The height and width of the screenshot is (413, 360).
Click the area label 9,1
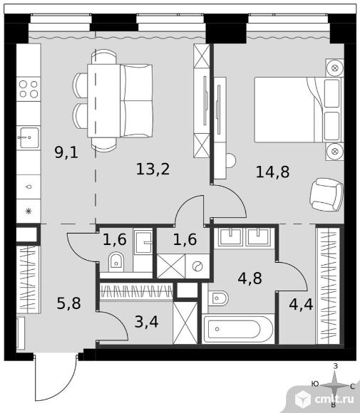pyautogui.click(x=66, y=153)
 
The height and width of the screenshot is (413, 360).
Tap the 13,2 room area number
pyautogui.click(x=153, y=169)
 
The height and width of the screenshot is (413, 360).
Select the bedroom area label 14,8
pyautogui.click(x=272, y=172)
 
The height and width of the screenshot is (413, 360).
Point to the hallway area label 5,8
pyautogui.click(x=69, y=303)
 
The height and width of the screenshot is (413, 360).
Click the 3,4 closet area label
pyautogui.click(x=147, y=322)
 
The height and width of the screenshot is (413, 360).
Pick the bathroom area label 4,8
pyautogui.click(x=250, y=278)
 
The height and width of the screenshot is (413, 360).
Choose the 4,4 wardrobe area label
pyautogui.click(x=301, y=305)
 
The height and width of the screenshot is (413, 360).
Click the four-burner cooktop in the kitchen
pyautogui.click(x=29, y=89)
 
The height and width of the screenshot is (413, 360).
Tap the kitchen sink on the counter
pyautogui.click(x=29, y=137)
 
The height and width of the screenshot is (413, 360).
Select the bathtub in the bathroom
pyautogui.click(x=238, y=329)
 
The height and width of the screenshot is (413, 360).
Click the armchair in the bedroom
pyautogui.click(x=326, y=194)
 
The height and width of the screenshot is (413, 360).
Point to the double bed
pyautogui.click(x=299, y=110)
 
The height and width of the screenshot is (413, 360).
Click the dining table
pyautogui.click(x=103, y=100)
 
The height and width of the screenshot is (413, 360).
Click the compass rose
pyautogui.click(x=334, y=386)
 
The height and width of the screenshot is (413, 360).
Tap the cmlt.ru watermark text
pyautogui.click(x=334, y=399)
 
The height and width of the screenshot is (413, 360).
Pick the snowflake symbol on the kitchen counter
pyautogui.click(x=29, y=211)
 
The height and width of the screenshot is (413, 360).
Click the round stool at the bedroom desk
pyautogui.click(x=230, y=160)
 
